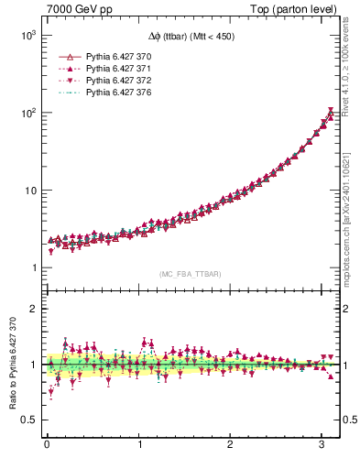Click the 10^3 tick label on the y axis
[x=27, y=35]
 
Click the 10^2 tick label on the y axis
[x=27, y=113]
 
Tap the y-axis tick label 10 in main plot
[x=29, y=191]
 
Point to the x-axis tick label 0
[x=47, y=444]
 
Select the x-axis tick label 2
[x=231, y=444]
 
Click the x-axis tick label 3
[x=323, y=444]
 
